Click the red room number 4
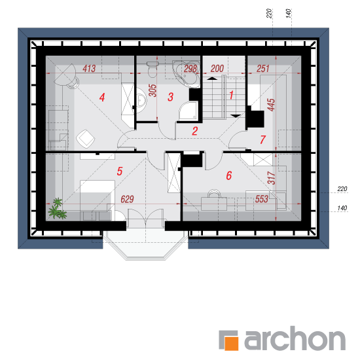[102, 97]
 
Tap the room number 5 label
[120, 171]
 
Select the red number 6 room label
[229, 175]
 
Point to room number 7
[263, 139]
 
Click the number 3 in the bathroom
[170, 97]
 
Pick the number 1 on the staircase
[231, 95]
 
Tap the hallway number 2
[194, 131]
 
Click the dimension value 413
[89, 69]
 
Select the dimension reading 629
[127, 199]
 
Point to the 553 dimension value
[262, 199]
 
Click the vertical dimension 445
[271, 105]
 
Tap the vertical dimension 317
[272, 178]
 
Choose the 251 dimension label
[263, 69]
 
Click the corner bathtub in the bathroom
[186, 73]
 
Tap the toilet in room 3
[152, 69]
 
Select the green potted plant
[57, 209]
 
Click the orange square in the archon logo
[231, 344]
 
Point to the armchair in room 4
[86, 139]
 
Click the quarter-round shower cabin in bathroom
[189, 111]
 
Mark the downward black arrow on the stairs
[236, 116]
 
